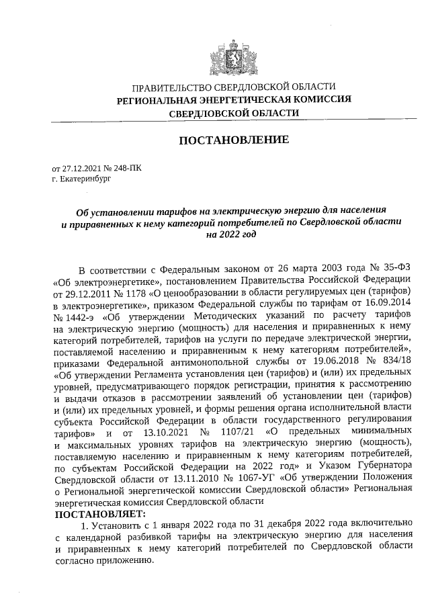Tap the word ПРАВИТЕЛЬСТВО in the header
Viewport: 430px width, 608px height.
pos(171,88)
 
